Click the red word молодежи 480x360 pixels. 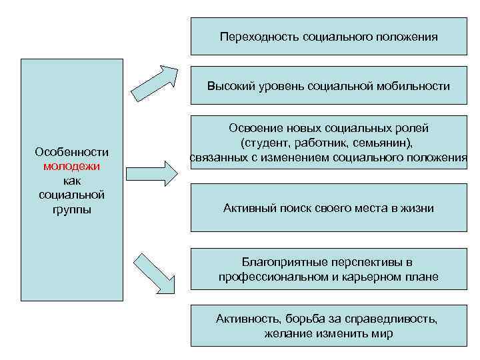click(x=71, y=166)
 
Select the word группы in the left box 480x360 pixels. click(x=71, y=209)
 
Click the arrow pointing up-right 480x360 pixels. click(x=154, y=81)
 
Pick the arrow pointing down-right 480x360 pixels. click(x=154, y=271)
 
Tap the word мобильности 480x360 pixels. click(x=414, y=86)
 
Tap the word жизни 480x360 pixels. click(x=418, y=209)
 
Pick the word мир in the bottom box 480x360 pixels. click(x=382, y=333)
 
